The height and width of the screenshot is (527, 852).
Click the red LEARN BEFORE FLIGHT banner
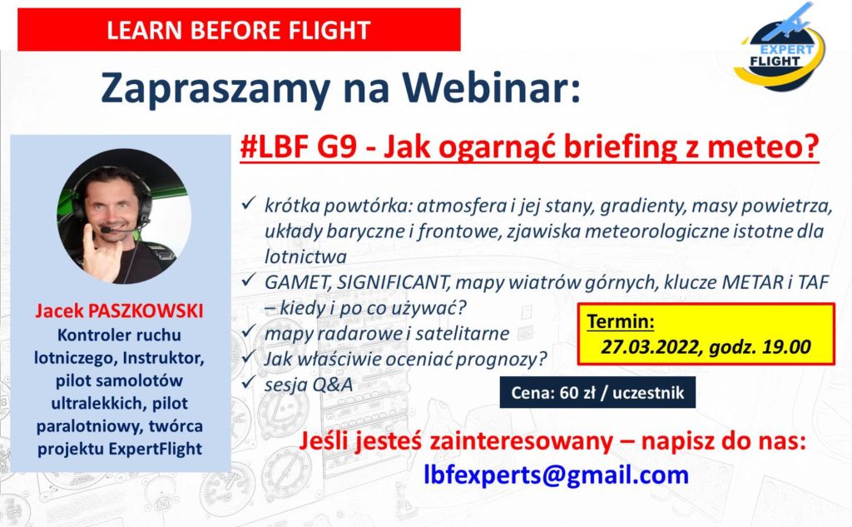pyautogui.click(x=239, y=30)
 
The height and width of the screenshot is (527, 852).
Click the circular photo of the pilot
pyautogui.click(x=124, y=216)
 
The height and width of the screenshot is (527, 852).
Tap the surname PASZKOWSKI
pyautogui.click(x=146, y=311)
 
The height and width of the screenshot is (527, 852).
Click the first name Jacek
pyautogui.click(x=59, y=311)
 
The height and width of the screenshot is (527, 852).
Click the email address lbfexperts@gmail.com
pyautogui.click(x=557, y=475)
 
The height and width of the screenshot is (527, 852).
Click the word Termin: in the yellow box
pyautogui.click(x=621, y=321)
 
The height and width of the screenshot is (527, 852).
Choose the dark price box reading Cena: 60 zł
pyautogui.click(x=597, y=393)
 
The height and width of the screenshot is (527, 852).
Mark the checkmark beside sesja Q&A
pyautogui.click(x=249, y=382)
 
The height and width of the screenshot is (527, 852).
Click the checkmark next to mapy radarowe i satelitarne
pyautogui.click(x=249, y=331)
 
